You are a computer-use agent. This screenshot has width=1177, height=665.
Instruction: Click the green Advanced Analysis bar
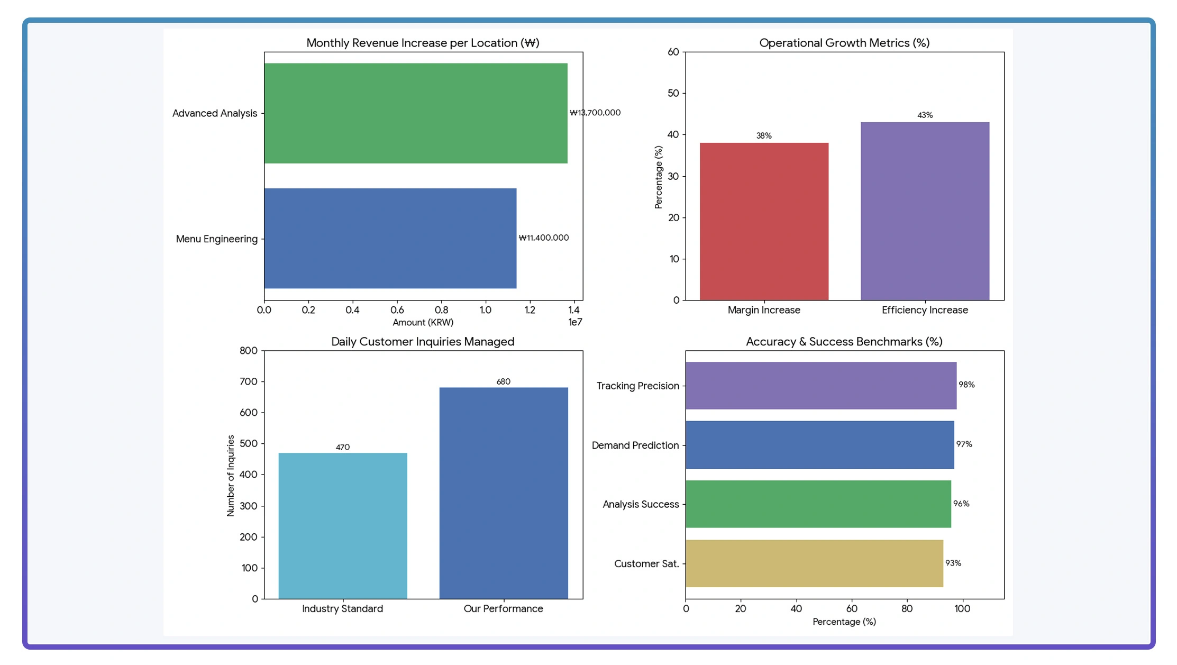pyautogui.click(x=416, y=113)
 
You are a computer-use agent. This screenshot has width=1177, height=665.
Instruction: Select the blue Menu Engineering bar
pyautogui.click(x=390, y=239)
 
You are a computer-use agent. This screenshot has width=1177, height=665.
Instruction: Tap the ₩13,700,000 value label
pyautogui.click(x=595, y=113)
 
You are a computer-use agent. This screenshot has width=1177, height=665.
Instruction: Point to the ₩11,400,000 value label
pyautogui.click(x=544, y=238)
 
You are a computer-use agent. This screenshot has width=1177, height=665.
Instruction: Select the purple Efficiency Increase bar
pyautogui.click(x=925, y=211)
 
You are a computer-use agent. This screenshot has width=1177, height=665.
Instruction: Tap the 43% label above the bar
pyautogui.click(x=925, y=115)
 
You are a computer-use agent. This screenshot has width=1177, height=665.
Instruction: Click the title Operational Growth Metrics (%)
pyautogui.click(x=844, y=43)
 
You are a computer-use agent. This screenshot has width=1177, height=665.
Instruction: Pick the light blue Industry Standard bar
pyautogui.click(x=343, y=526)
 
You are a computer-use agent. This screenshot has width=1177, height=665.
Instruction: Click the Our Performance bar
pyautogui.click(x=504, y=493)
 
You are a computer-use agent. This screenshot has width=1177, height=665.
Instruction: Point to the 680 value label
pyautogui.click(x=503, y=381)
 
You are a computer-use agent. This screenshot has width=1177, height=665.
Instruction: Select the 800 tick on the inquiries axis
pyautogui.click(x=249, y=351)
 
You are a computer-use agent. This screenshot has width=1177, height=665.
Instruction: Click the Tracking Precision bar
pyautogui.click(x=821, y=386)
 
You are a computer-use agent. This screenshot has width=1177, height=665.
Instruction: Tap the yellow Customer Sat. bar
pyautogui.click(x=814, y=563)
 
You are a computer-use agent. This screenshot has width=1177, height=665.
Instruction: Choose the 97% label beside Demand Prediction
pyautogui.click(x=964, y=444)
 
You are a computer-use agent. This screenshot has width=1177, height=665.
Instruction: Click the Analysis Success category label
pyautogui.click(x=641, y=504)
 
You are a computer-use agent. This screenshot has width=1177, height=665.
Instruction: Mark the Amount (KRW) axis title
pyautogui.click(x=423, y=323)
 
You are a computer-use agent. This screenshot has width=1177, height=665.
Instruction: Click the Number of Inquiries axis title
pyautogui.click(x=231, y=475)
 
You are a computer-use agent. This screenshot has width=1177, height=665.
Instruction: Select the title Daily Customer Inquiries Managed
pyautogui.click(x=423, y=342)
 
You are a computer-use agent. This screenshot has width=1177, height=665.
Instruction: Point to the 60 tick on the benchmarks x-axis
pyautogui.click(x=852, y=609)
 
